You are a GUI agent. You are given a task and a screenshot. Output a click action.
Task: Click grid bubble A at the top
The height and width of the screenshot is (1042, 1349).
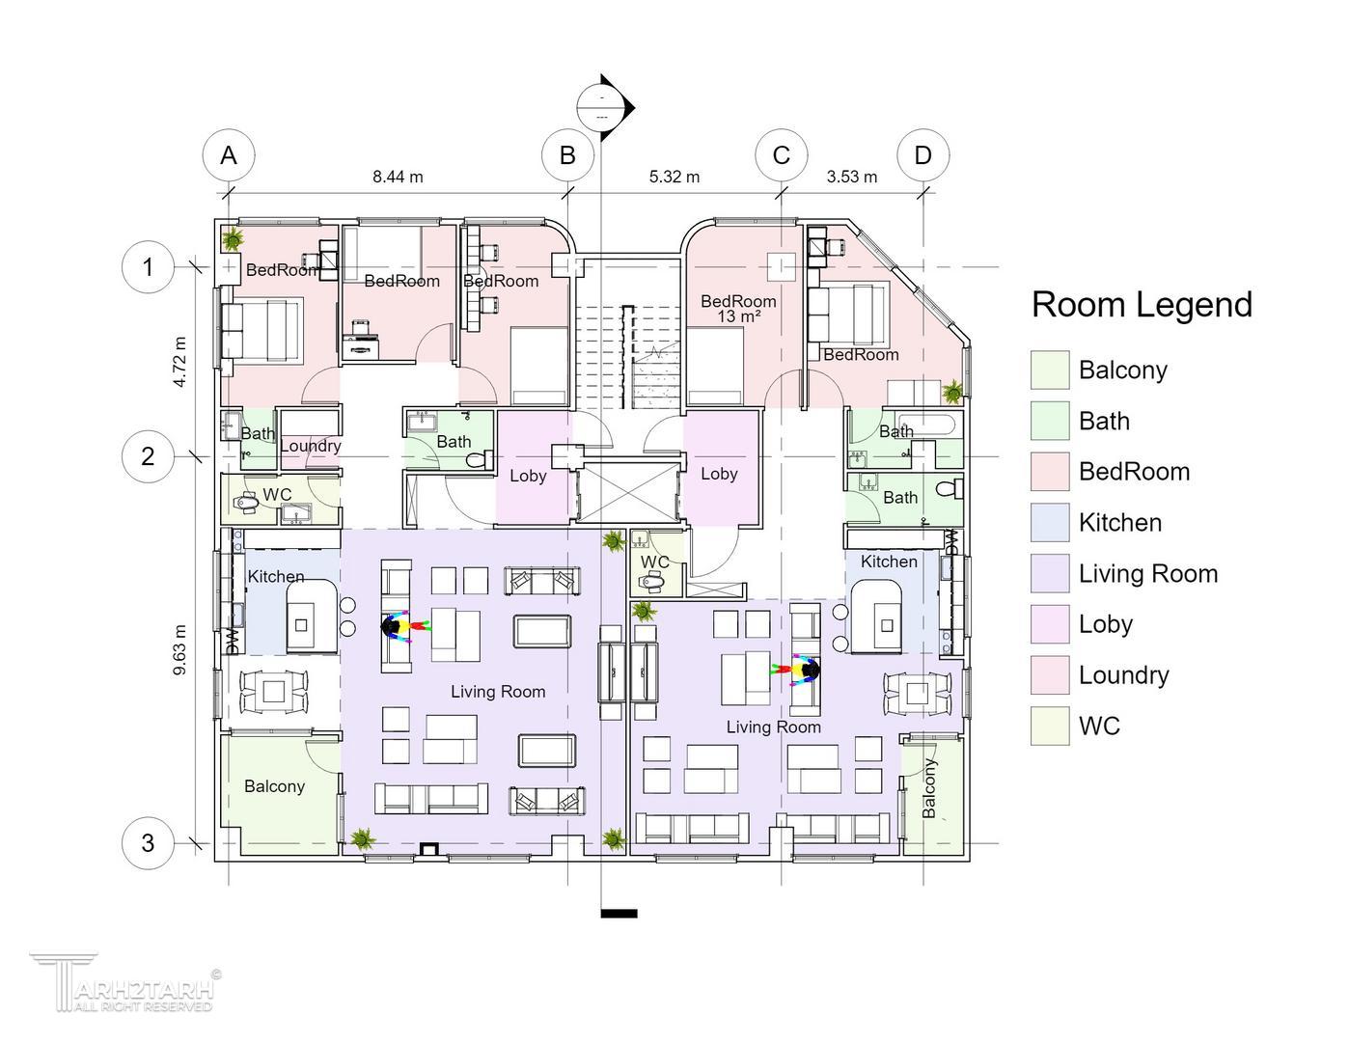pos(229,155)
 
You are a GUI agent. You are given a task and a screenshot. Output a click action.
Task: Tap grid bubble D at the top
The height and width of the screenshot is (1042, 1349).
pos(923,155)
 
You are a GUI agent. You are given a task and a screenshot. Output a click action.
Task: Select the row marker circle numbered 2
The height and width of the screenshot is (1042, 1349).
pos(148,456)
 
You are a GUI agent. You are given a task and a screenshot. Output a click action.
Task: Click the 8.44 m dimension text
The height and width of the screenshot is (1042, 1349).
pos(398,177)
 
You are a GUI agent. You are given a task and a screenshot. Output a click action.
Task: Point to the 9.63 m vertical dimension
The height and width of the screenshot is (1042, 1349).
pos(180,649)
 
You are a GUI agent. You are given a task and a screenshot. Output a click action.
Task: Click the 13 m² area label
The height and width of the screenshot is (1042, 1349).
pos(739,316)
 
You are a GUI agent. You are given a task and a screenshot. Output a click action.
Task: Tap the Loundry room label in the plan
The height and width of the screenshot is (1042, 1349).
pos(310,446)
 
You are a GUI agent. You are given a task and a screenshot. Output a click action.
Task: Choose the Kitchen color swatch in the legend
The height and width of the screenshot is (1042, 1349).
pos(1050,523)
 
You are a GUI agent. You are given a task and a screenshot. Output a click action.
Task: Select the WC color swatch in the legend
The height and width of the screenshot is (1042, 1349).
pos(1050,726)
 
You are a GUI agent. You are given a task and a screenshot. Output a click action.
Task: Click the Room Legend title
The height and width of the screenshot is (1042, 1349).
pos(1142,305)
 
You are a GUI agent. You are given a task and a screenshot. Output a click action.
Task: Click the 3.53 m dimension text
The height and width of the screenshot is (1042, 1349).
pos(852,177)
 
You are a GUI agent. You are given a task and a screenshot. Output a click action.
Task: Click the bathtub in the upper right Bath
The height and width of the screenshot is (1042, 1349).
pos(926,425)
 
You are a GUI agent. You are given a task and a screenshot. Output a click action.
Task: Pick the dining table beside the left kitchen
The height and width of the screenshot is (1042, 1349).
pos(274,691)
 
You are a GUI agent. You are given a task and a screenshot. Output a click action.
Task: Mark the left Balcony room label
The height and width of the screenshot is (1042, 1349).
pos(274,786)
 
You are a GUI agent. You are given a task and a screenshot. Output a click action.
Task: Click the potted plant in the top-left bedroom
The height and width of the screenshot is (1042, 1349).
pos(233,238)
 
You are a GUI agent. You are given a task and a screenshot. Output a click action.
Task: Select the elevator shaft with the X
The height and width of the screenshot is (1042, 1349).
pos(628,491)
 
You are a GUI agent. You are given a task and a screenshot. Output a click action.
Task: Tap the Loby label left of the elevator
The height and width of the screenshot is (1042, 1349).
pos(528,476)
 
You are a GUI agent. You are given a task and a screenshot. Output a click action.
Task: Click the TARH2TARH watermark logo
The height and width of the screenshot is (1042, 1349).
pos(125,982)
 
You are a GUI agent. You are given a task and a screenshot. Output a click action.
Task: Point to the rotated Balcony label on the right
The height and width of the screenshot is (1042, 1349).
pos(928,788)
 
